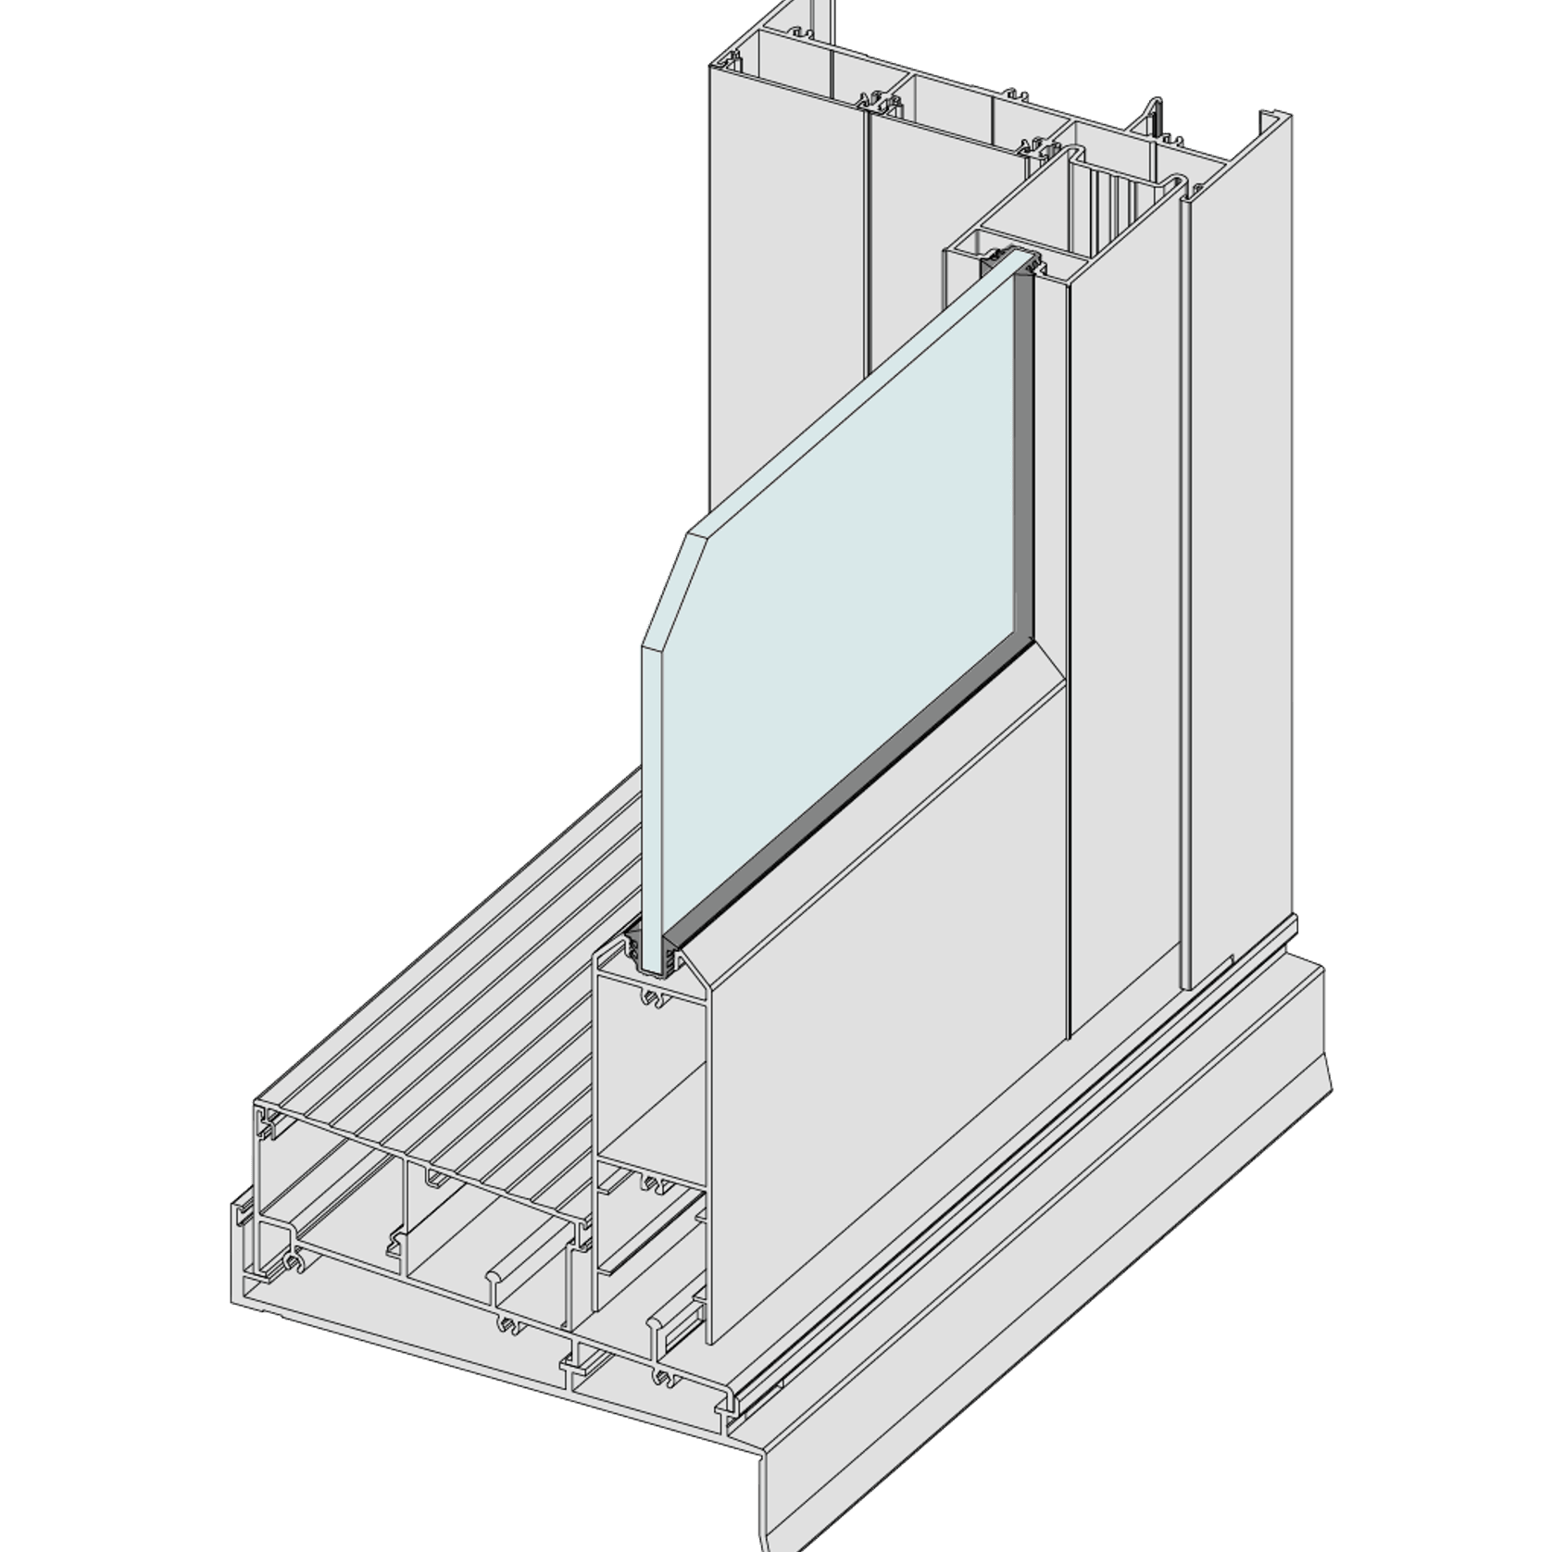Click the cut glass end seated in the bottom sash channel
(655, 954)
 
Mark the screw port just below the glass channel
(654, 998)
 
